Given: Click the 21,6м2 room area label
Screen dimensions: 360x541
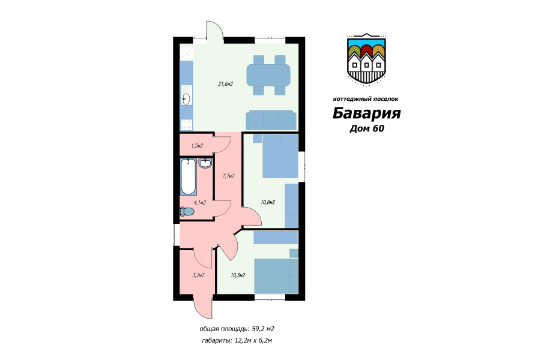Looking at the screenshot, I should pyautogui.click(x=225, y=83).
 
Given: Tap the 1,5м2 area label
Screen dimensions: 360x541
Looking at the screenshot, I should pyautogui.click(x=197, y=146).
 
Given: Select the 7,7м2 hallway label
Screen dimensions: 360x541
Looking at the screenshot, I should pyautogui.click(x=228, y=176).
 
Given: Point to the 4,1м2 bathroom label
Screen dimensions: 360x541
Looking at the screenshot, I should pyautogui.click(x=200, y=202).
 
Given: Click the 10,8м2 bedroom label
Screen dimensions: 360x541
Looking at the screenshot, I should pyautogui.click(x=268, y=202).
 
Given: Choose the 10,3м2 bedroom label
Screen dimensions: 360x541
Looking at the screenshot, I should pyautogui.click(x=238, y=275).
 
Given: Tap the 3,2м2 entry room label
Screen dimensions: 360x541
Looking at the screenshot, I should pyautogui.click(x=198, y=275).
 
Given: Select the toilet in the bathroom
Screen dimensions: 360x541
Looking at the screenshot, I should pyautogui.click(x=187, y=211).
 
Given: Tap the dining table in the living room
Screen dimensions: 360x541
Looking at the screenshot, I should pyautogui.click(x=269, y=75).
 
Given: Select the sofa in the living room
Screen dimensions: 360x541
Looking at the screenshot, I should pyautogui.click(x=270, y=119).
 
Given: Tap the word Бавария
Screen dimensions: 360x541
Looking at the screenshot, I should pyautogui.click(x=366, y=113).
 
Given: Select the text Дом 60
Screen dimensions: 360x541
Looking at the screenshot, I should pyautogui.click(x=366, y=128).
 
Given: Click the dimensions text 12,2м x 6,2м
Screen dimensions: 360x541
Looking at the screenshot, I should pyautogui.click(x=255, y=340).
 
